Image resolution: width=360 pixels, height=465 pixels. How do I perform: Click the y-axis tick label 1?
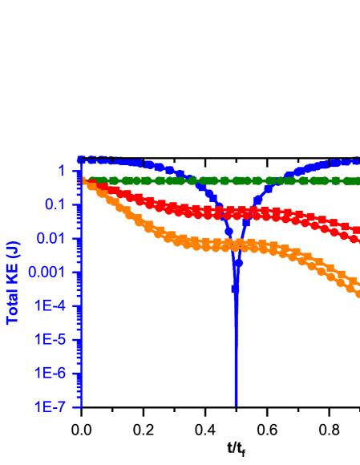pos(60,171)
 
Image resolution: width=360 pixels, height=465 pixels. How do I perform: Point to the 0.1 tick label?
pos(53,204)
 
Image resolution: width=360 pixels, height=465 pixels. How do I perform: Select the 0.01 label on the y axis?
pos(49,238)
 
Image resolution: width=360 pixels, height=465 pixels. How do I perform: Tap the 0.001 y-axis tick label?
pos(45,272)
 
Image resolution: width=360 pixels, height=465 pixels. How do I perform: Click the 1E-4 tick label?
pos(50,305)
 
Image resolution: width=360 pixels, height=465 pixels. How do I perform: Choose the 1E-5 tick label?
pos(50,339)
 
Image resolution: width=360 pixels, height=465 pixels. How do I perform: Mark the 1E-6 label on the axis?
pos(50,373)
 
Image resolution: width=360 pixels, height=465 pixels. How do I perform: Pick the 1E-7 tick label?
pos(50,406)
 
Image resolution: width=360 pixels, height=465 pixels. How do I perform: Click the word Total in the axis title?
pos(14,305)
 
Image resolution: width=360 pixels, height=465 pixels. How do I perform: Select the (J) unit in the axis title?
pos(14,249)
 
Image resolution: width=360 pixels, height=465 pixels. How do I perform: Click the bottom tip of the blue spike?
pos(236,405)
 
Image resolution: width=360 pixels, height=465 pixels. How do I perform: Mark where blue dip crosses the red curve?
pos(230,212)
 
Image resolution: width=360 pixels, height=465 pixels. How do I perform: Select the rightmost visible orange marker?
pos(358,293)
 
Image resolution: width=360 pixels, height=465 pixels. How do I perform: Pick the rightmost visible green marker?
pos(358,181)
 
